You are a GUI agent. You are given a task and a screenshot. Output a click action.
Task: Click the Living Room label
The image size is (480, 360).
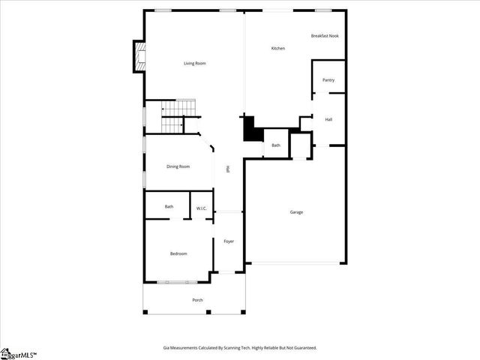pyautogui.click(x=195, y=63)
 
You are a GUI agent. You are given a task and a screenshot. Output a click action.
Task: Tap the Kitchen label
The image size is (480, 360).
pyautogui.click(x=277, y=49)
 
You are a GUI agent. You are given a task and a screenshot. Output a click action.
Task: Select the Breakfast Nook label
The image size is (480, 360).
pyautogui.click(x=324, y=36)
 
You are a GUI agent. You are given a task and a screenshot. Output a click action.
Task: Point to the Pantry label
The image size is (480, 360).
pyautogui.click(x=328, y=79)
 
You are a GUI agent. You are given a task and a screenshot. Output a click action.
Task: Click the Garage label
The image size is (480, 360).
pyautogui.click(x=296, y=212)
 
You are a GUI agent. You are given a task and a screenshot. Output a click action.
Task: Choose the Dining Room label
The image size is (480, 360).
pyautogui.click(x=178, y=166)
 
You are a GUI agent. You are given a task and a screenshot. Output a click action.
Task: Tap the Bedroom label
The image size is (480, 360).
pyautogui.click(x=178, y=253)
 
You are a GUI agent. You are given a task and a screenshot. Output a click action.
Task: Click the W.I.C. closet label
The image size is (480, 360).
pyautogui.click(x=202, y=208)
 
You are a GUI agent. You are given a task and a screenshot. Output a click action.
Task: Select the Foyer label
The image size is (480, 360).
pyautogui.click(x=229, y=241)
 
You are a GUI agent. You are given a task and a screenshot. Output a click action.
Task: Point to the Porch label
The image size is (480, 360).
pyautogui.click(x=197, y=300)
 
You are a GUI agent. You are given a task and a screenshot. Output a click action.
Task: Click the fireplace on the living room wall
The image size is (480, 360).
pyautogui.click(x=138, y=57)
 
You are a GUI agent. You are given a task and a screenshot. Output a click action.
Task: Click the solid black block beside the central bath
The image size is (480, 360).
pyautogui.click(x=250, y=129)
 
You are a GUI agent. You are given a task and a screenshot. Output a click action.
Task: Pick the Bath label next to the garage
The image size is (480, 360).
pyautogui.click(x=275, y=145)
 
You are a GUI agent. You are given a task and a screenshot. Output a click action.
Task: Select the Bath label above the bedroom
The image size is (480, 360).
pyautogui.click(x=169, y=206)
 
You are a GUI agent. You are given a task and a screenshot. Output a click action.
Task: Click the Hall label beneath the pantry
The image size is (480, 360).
pyautogui.click(x=328, y=119)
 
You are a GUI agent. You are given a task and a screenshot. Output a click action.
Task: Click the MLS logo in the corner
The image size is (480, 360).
pyautogui.click(x=18, y=353)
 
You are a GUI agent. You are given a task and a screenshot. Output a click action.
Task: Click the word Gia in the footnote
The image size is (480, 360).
pyautogui.click(x=166, y=348)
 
